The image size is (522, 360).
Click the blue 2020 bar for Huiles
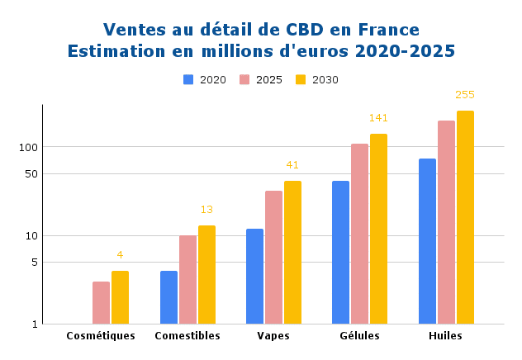pos(427,241)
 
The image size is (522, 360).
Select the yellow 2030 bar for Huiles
pos(465,217)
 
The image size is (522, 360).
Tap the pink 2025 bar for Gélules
pos(359,234)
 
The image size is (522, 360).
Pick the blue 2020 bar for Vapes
pos(254,277)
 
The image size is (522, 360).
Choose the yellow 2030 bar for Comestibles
pos(206,274)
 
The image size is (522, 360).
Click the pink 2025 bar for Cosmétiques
pos(101,303)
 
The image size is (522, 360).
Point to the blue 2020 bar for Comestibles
pos(168,297)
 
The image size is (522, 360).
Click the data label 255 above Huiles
pos(465,95)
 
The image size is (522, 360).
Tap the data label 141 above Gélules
pos(378,118)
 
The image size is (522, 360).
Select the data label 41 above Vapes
pos(292,165)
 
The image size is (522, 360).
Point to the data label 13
pos(206,210)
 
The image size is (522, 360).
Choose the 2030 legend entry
pos(318,80)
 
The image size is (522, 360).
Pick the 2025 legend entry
pos(262,80)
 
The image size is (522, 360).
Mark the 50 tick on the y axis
pos(31,173)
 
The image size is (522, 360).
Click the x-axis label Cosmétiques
pos(101,336)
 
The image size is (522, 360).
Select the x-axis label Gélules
pos(359,336)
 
